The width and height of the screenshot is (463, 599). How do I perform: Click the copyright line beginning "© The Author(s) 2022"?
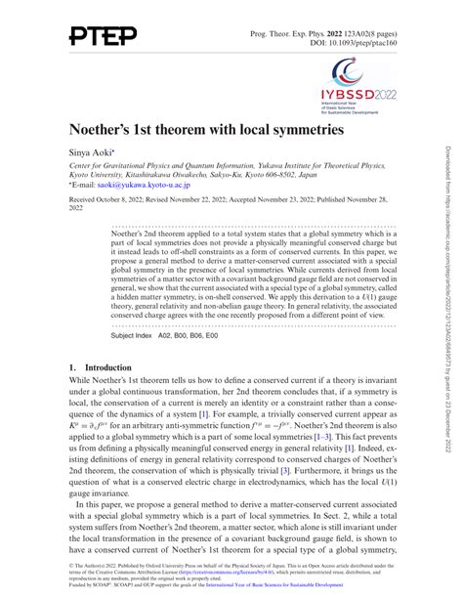pyautogui.click(x=107, y=565)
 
